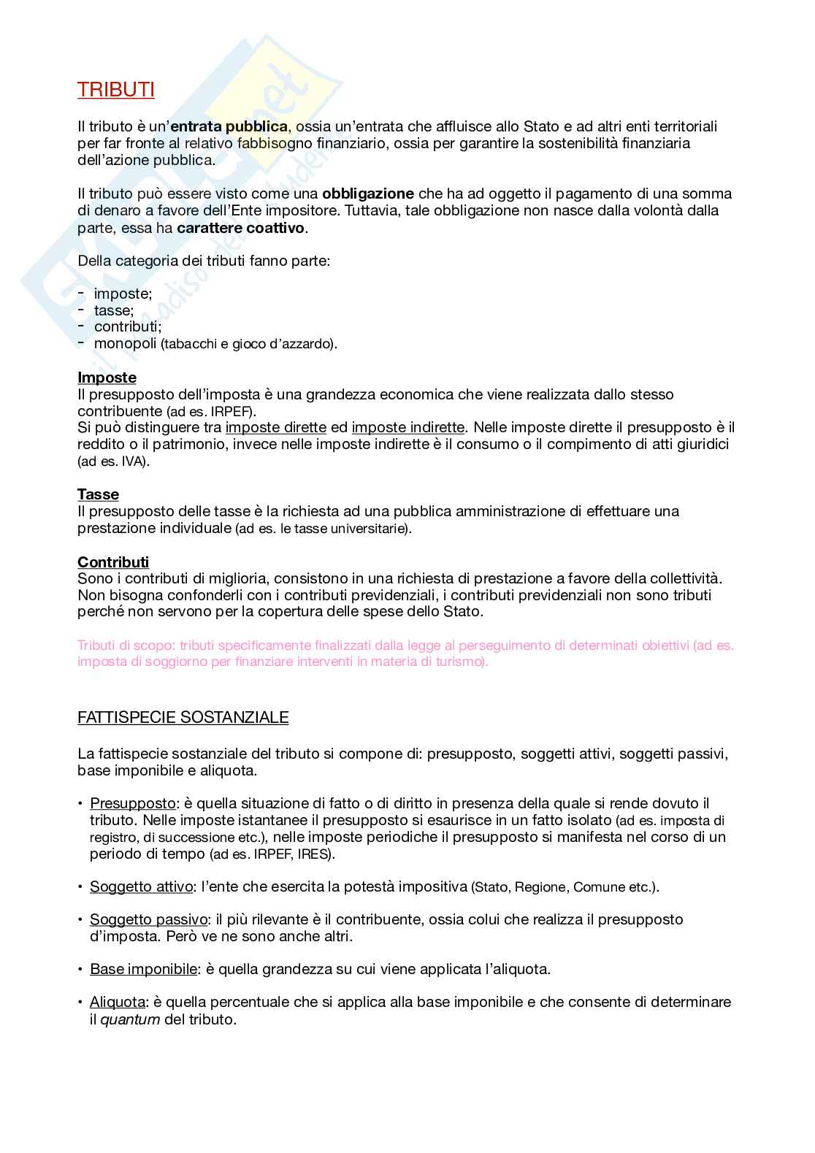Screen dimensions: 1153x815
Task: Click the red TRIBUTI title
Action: point(115,90)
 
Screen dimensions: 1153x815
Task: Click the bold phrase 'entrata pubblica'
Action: point(229,126)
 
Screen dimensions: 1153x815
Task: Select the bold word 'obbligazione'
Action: point(368,194)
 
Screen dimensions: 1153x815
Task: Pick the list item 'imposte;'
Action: point(123,294)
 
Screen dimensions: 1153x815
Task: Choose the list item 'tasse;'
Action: point(114,310)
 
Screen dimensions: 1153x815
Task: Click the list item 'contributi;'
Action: point(128,326)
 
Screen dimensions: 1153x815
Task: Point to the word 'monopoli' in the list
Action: point(125,343)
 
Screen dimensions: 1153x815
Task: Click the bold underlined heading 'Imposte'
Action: point(107,378)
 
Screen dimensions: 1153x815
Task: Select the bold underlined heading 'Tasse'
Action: point(98,494)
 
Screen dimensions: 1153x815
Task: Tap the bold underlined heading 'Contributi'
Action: point(113,562)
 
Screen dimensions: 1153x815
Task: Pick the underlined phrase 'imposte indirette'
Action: point(407,427)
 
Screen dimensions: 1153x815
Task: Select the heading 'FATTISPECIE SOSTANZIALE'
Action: point(183,717)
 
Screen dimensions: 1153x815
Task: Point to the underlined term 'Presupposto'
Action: point(133,803)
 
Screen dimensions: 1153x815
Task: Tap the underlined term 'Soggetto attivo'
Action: point(142,886)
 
